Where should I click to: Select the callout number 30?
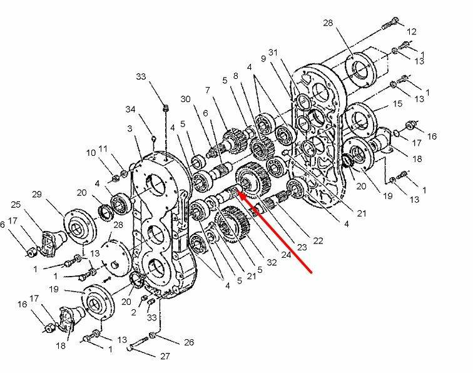(x=185, y=100)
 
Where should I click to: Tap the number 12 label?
(x=411, y=31)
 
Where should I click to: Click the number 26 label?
(x=189, y=342)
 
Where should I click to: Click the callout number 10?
(x=90, y=152)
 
